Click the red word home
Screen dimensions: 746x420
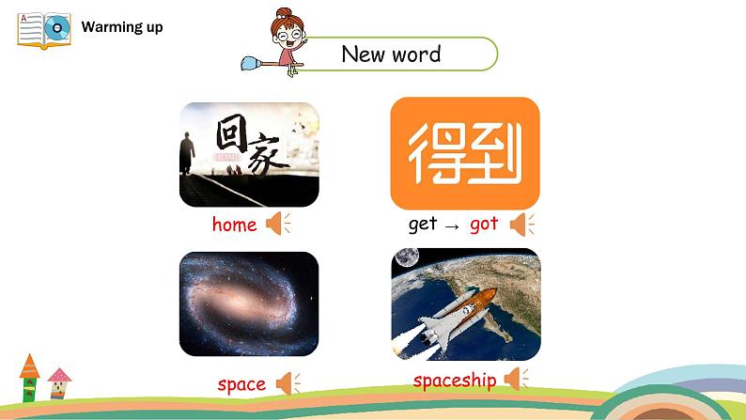(234, 224)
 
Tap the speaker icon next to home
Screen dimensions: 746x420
(278, 223)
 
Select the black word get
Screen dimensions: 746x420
(423, 224)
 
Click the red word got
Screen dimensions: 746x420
(484, 224)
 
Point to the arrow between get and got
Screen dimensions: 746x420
(452, 226)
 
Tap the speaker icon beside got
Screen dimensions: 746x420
(521, 225)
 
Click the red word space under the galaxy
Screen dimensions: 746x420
(241, 384)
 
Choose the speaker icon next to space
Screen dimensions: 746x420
(288, 383)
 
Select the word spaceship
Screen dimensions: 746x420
(455, 381)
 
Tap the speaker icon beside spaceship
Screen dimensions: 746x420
(516, 379)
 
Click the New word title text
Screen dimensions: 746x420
(391, 54)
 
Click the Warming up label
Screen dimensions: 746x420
(122, 27)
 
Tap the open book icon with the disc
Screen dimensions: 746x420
(44, 30)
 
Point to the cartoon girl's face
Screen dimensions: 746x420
(288, 33)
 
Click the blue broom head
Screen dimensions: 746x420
(250, 64)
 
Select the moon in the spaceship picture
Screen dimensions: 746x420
(407, 257)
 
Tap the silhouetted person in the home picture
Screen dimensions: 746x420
(186, 154)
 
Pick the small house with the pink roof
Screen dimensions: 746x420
(59, 383)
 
